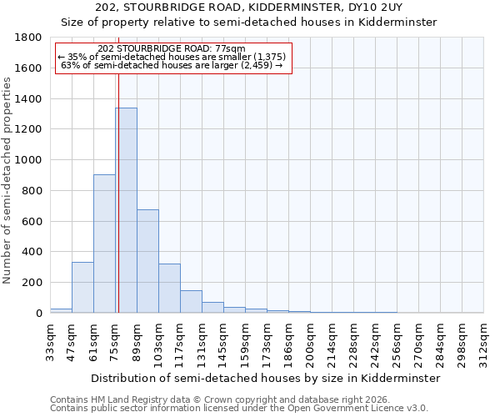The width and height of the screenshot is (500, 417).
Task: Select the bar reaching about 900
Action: coord(104,244)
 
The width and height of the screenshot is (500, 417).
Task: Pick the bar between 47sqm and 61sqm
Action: coord(82,287)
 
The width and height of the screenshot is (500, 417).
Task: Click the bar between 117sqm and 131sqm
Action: coord(191,301)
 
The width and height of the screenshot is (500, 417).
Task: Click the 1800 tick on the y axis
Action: coord(29,38)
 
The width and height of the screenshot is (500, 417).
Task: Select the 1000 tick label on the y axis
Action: coord(29,160)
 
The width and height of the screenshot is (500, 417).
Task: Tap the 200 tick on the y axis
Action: coord(32,283)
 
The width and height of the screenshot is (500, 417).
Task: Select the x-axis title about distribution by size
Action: coord(265,378)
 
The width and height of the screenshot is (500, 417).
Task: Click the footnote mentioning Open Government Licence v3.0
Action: coord(239,409)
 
